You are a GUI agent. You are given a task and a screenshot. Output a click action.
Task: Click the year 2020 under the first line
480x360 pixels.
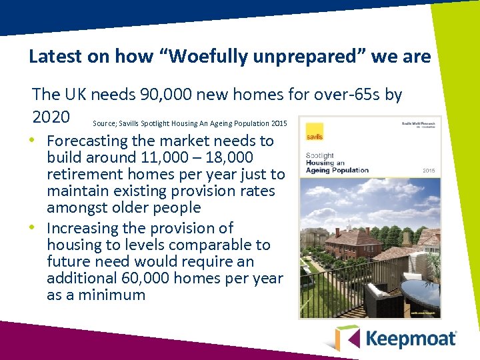(x=51, y=117)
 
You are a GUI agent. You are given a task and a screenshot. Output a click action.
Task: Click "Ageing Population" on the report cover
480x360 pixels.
(x=337, y=171)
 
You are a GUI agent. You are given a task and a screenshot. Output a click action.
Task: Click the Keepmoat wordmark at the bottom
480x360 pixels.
(x=411, y=338)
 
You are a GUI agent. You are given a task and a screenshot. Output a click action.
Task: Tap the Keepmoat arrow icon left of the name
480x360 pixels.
(x=347, y=337)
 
